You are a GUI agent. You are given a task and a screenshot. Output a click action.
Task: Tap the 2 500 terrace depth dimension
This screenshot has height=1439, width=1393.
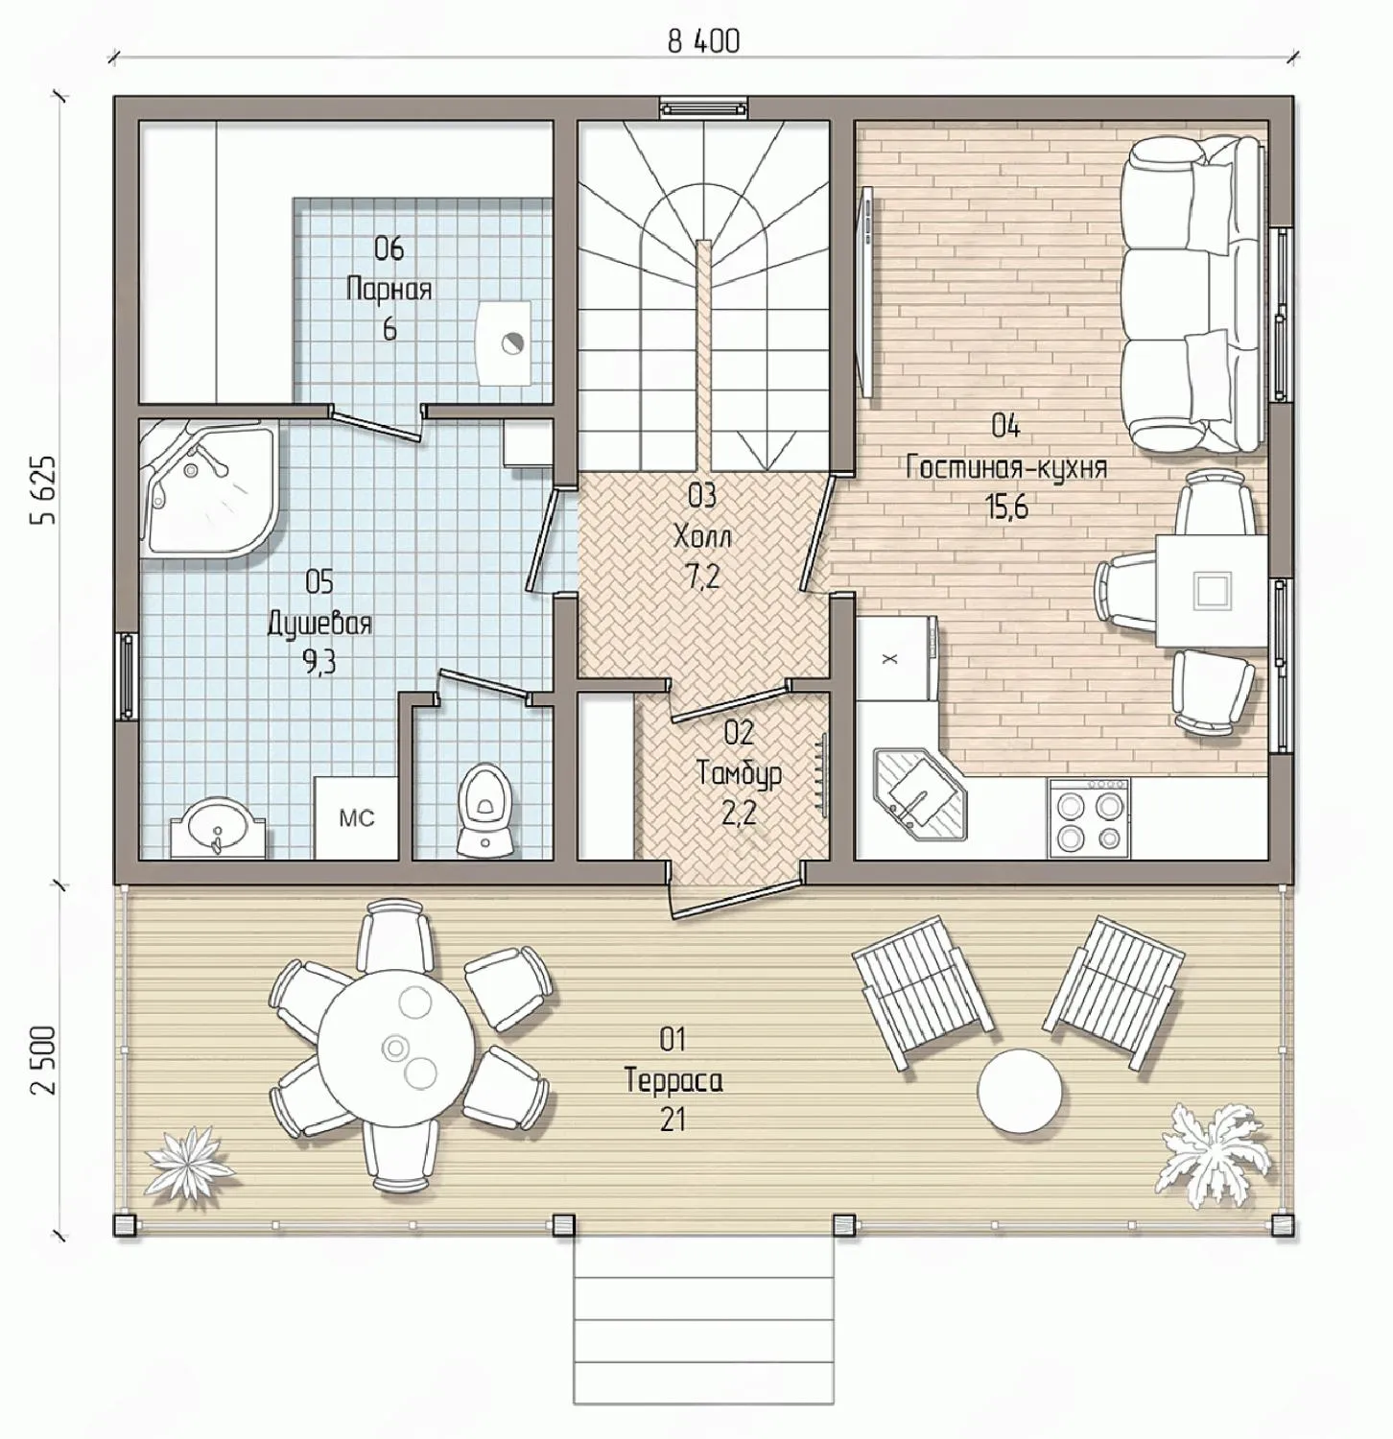point(43,1062)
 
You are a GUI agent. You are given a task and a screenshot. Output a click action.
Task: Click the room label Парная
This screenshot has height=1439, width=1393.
point(389,288)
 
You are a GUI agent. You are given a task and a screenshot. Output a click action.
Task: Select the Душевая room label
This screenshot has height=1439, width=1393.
point(319,623)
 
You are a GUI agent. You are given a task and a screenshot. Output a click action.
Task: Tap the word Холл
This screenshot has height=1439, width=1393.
point(702,535)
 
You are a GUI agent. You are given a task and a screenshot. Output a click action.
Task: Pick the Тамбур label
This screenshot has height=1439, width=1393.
point(739,773)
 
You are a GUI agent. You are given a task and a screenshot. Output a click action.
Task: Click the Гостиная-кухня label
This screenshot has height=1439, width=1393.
point(1005,467)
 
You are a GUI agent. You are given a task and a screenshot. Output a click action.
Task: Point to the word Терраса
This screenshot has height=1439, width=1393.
point(673,1079)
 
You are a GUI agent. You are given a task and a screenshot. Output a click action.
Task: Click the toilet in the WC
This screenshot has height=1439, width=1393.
point(484,808)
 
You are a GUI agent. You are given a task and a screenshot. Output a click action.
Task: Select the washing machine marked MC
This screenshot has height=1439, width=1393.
point(356,816)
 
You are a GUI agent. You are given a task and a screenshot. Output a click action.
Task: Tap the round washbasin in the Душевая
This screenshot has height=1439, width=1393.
point(217,827)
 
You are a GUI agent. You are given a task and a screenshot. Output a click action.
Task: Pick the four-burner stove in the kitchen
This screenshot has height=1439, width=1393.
point(1089,817)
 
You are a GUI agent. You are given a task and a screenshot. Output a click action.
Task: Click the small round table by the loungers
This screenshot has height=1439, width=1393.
point(1020,1091)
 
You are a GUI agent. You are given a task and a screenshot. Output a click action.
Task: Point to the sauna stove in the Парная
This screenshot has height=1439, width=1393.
point(504,342)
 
